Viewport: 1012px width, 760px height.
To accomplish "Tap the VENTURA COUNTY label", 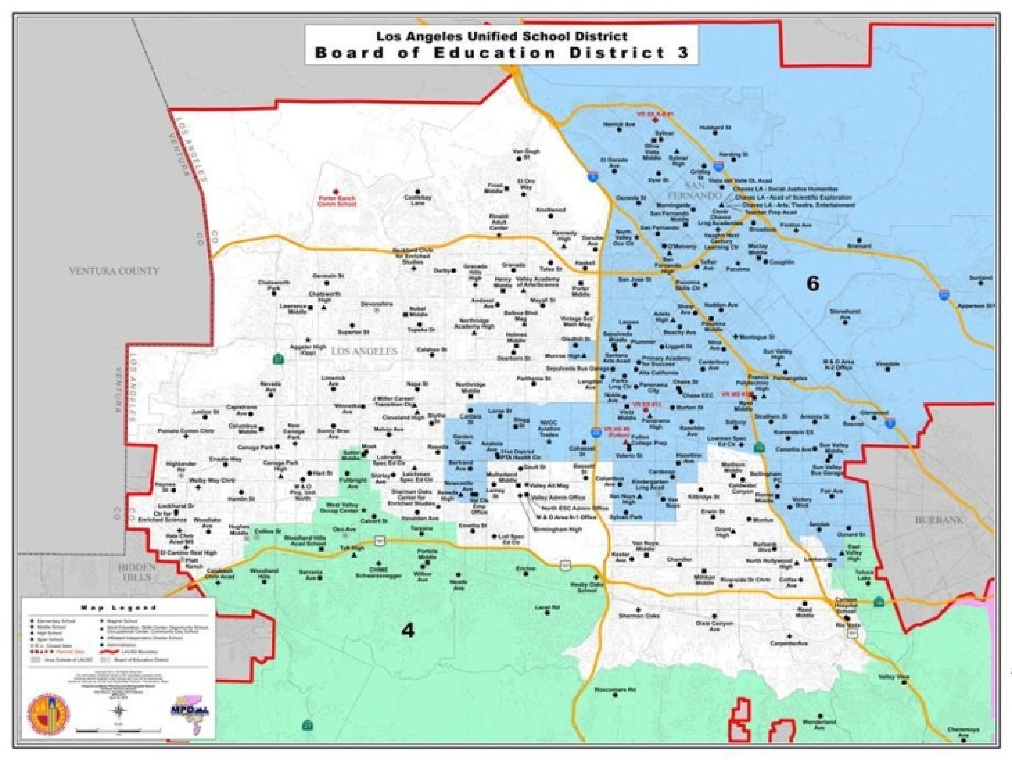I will click(x=114, y=271).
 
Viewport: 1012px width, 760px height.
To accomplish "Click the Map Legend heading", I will click(x=118, y=608).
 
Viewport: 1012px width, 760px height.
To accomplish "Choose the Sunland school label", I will click(x=980, y=278).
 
